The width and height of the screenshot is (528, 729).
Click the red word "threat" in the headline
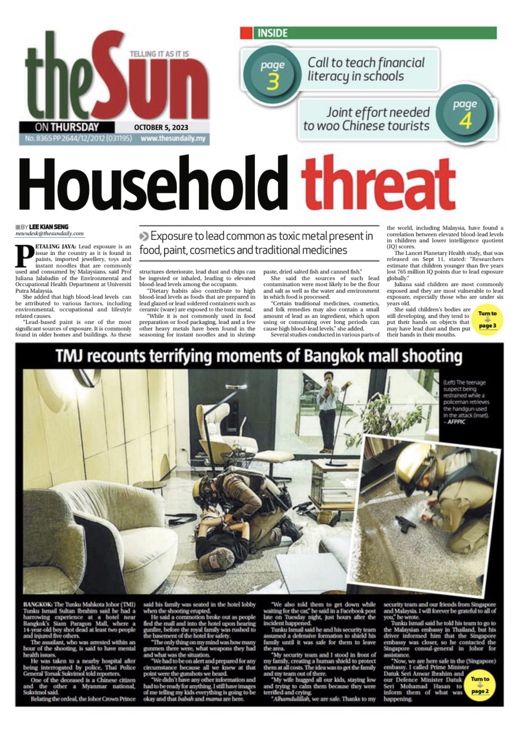[x=378, y=183]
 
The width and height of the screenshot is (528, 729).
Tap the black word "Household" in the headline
[x=153, y=183]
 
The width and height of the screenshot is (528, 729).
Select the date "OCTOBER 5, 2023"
[x=161, y=127]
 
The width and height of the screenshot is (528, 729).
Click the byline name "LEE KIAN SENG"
[x=49, y=227]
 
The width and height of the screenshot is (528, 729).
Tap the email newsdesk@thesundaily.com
[x=49, y=233]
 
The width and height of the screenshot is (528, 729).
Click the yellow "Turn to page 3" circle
[x=487, y=320]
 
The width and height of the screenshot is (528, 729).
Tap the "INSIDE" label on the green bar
[x=272, y=33]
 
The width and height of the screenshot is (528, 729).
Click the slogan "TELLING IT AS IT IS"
[x=159, y=54]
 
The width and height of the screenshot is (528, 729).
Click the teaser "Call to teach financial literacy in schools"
[x=365, y=69]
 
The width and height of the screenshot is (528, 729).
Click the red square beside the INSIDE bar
[x=246, y=33]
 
